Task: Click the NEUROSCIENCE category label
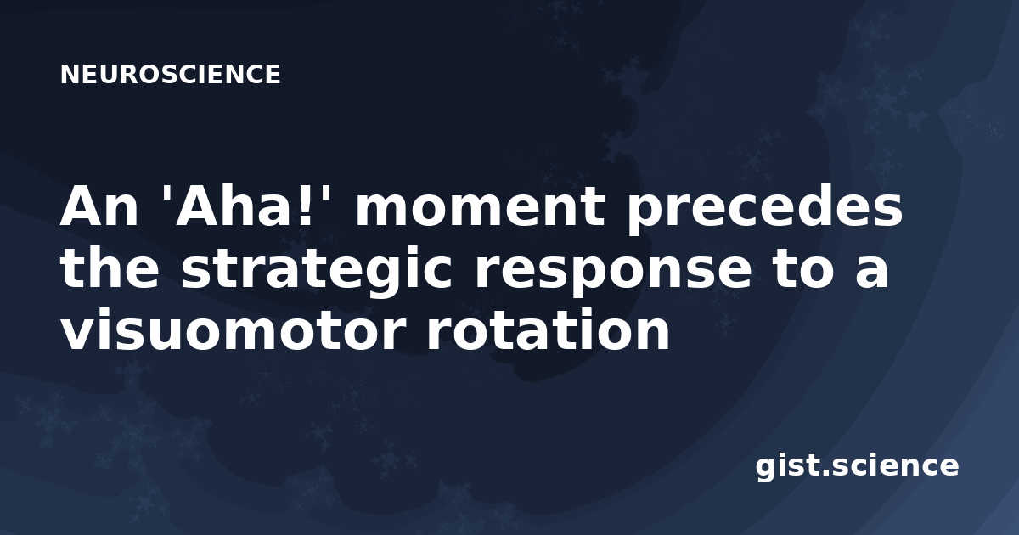click(x=170, y=75)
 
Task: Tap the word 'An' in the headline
click(x=99, y=207)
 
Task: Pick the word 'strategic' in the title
click(x=317, y=271)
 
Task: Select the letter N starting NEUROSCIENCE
click(x=69, y=75)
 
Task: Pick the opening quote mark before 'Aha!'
click(x=166, y=194)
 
